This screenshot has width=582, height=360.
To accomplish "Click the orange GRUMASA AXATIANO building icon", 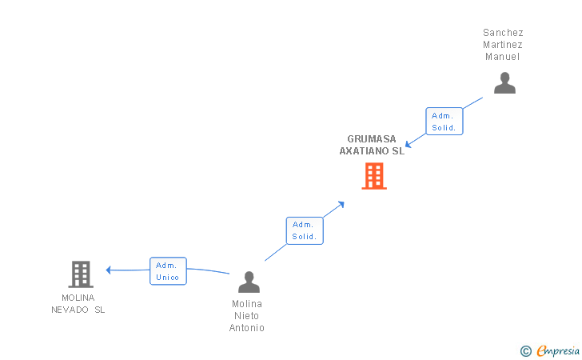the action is [374, 176].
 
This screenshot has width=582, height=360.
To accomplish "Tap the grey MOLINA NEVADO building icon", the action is [81, 274].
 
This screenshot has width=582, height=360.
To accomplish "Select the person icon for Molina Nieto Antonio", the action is [249, 282].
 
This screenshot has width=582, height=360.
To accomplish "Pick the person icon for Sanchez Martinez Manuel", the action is [504, 83].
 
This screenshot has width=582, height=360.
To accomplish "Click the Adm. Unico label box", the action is [168, 271].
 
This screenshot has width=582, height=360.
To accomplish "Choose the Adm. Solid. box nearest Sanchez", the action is [444, 122].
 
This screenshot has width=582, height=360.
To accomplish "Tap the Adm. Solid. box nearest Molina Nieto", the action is [305, 230].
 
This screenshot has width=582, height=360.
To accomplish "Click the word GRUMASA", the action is [372, 138].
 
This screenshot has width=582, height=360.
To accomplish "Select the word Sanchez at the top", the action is [503, 33].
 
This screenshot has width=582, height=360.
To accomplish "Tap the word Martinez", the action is [503, 45].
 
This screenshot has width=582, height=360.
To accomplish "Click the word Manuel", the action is [503, 57].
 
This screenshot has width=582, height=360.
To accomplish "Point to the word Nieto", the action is [247, 316].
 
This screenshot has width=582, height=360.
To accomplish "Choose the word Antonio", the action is [247, 328].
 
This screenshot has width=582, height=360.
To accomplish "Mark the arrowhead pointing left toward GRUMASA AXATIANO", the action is [408, 145].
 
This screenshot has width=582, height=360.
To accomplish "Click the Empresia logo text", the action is [557, 350].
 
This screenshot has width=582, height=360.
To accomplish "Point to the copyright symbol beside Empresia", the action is [525, 350].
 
